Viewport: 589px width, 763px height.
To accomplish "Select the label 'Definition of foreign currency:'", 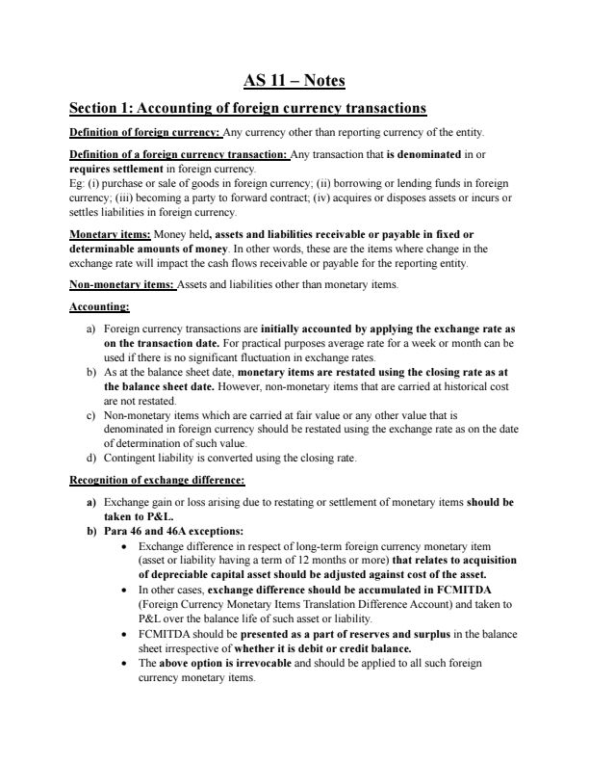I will (145, 132).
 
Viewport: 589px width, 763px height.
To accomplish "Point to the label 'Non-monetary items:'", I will (121, 285).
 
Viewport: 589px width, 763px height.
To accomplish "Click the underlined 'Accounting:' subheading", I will (100, 307).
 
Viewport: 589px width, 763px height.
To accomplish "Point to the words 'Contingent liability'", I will (150, 458).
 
